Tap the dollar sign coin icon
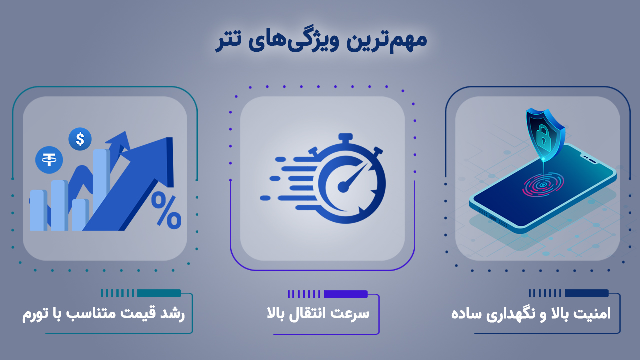coord(80,139)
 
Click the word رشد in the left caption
coord(172,314)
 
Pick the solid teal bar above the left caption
coord(159,293)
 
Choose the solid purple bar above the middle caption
coord(345,294)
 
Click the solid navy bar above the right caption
coord(586,293)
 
